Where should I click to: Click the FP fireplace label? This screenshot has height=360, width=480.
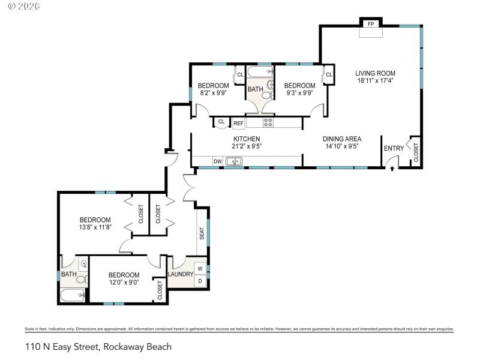(x=371, y=24)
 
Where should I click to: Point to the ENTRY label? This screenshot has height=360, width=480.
(x=394, y=149)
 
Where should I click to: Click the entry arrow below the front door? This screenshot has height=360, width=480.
(x=392, y=169)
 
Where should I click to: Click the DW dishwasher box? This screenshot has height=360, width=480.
(x=218, y=161)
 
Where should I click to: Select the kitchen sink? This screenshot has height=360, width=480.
(x=234, y=161)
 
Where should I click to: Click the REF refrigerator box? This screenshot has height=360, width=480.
(x=238, y=123)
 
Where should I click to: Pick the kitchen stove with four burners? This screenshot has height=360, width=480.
(x=268, y=122)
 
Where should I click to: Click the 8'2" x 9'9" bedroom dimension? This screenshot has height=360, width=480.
(x=214, y=93)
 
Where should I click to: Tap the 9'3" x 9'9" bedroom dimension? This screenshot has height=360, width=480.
(x=299, y=93)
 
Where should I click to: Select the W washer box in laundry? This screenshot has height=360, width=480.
(x=200, y=268)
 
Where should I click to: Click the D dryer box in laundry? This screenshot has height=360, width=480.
(x=200, y=280)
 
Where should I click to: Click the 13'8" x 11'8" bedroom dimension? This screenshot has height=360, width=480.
(x=95, y=227)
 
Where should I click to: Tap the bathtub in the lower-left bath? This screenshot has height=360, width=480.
(x=73, y=296)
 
